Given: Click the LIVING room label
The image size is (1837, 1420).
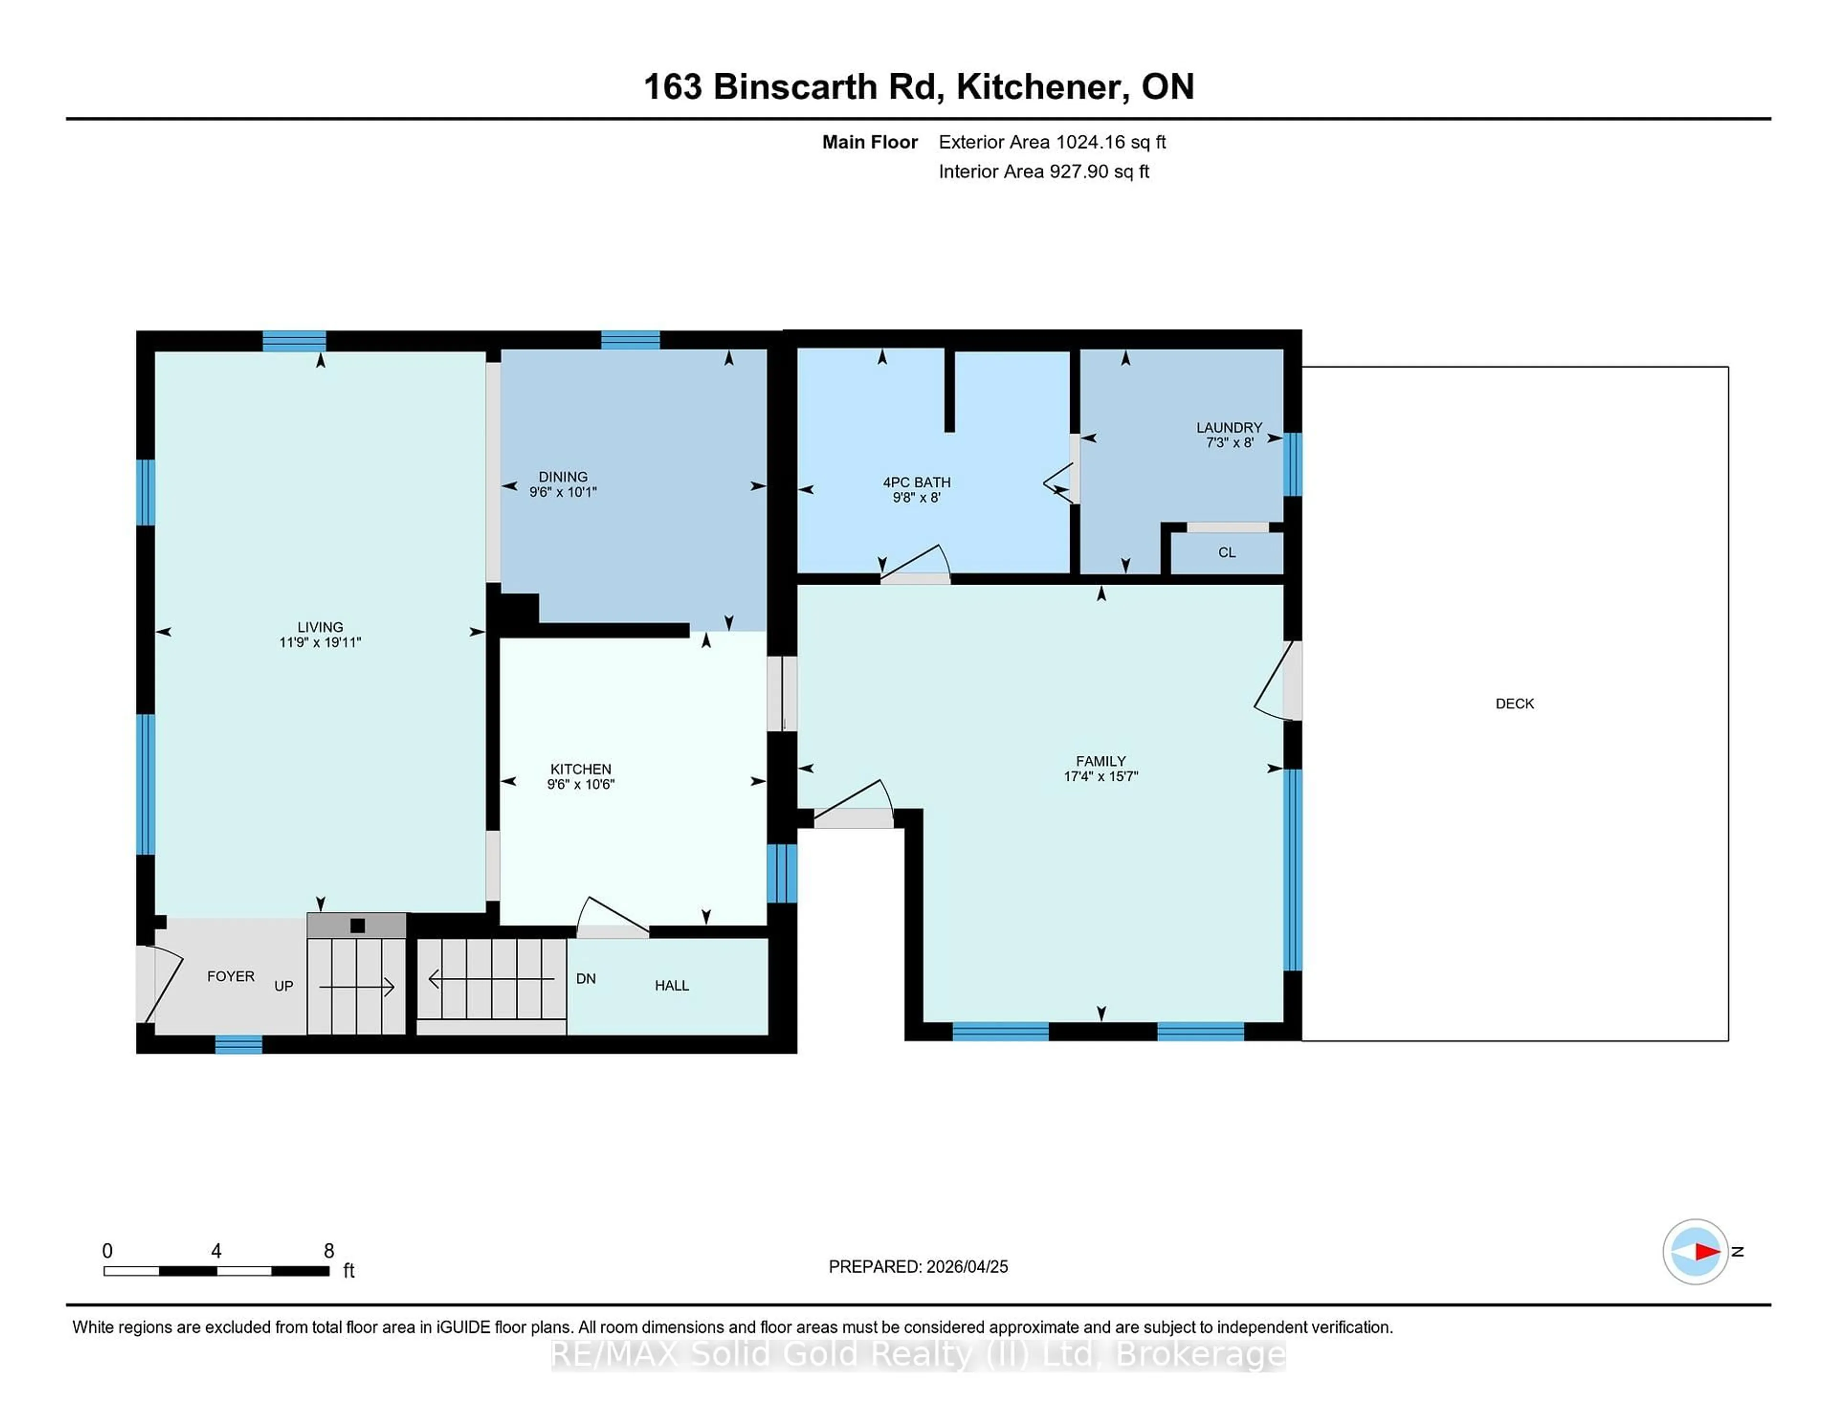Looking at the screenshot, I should point(320,627).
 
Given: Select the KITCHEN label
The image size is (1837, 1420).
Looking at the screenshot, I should point(580,769).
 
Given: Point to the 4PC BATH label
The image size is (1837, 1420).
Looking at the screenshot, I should point(916,482).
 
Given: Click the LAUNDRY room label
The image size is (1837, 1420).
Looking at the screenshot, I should point(1229,427).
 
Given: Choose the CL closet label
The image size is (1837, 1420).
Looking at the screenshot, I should point(1227,553).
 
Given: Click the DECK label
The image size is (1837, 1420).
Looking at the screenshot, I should point(1514,703).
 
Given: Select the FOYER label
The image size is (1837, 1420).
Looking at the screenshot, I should point(231,976).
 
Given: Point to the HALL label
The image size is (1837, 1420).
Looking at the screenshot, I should point(671,985).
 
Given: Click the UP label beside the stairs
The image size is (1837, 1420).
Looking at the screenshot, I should point(284,986).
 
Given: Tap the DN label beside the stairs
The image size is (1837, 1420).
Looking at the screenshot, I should point(586,978).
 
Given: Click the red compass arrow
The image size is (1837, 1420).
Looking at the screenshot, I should point(1706,1252).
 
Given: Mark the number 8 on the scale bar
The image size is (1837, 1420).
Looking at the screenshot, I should point(329,1251).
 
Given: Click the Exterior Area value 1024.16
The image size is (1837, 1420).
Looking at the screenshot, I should point(1091,142).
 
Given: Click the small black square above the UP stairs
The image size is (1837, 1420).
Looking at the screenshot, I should point(357,925).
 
